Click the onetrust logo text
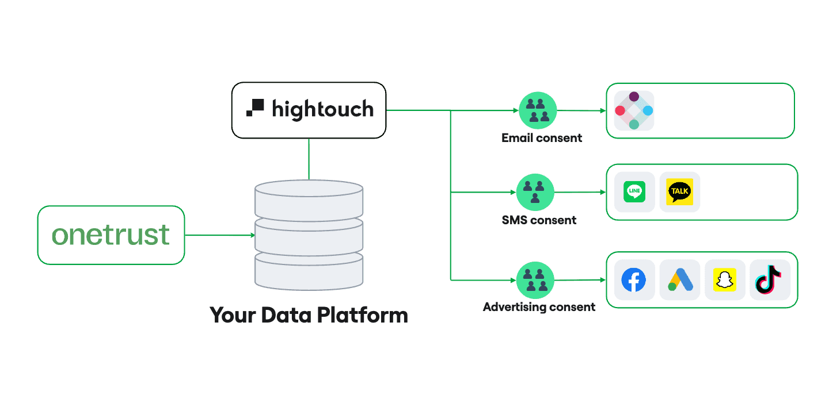[x=111, y=235]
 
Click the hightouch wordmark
[x=322, y=109]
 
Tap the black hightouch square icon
[x=255, y=108]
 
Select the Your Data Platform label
[x=309, y=315]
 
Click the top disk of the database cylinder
[x=309, y=190]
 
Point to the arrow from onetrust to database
[x=219, y=235]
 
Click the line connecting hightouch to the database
[x=309, y=159]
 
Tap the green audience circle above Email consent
[x=538, y=110]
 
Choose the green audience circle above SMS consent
[x=535, y=192]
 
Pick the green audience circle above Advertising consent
[x=535, y=280]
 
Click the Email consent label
[x=542, y=138]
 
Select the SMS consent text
[x=539, y=220]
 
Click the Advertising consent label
[x=539, y=307]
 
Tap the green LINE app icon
[x=634, y=192]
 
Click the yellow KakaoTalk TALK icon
[x=679, y=192]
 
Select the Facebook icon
[x=634, y=280]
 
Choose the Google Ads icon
[x=680, y=280]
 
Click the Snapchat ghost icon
[x=725, y=280]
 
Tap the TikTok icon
[x=769, y=280]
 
